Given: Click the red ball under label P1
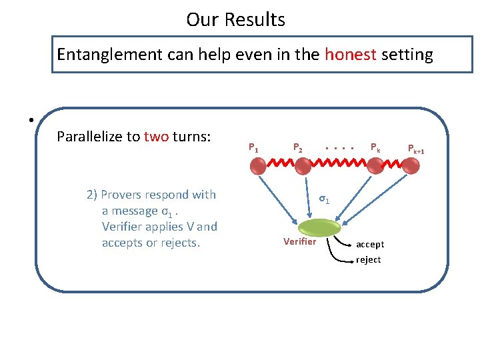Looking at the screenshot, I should (x=258, y=167).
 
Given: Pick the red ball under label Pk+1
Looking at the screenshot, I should (x=413, y=167).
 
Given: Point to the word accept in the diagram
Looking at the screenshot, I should (x=369, y=245).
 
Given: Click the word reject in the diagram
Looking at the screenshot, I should (x=368, y=259).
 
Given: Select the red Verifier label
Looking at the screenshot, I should (x=299, y=241).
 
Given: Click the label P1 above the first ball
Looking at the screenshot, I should (x=253, y=147).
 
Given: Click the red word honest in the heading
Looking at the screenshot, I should (x=351, y=54).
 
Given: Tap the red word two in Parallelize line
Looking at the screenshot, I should (x=156, y=137).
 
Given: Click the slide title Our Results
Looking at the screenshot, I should (x=235, y=19).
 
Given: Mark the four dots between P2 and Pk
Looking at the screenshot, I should (x=339, y=147).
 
